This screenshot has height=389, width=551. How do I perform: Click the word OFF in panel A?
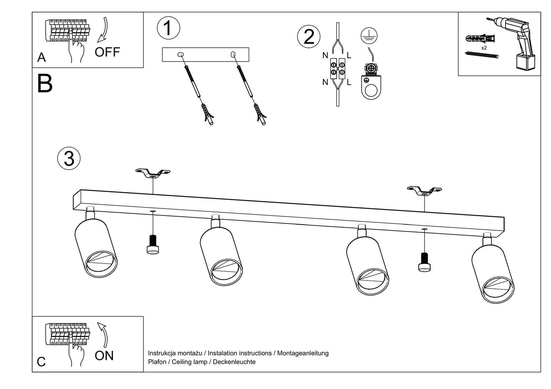(107, 52)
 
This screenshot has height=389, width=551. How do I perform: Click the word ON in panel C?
(104, 356)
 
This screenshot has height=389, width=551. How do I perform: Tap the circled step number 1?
(168, 28)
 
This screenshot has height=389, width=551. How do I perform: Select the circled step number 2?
(309, 36)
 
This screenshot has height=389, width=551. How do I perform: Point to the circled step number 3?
(69, 159)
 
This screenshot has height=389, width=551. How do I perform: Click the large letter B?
(45, 84)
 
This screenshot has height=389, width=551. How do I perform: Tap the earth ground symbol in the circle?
(369, 35)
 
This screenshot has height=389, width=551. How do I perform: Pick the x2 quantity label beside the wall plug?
(484, 48)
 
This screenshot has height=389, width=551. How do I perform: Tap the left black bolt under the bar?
(153, 244)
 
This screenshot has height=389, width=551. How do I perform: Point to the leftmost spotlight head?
(96, 248)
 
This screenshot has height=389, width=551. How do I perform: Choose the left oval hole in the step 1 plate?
(180, 54)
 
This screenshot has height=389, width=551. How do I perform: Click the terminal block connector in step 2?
(337, 69)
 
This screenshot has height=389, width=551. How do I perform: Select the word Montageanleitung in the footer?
(303, 353)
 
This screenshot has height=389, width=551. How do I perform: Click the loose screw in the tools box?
(481, 55)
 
